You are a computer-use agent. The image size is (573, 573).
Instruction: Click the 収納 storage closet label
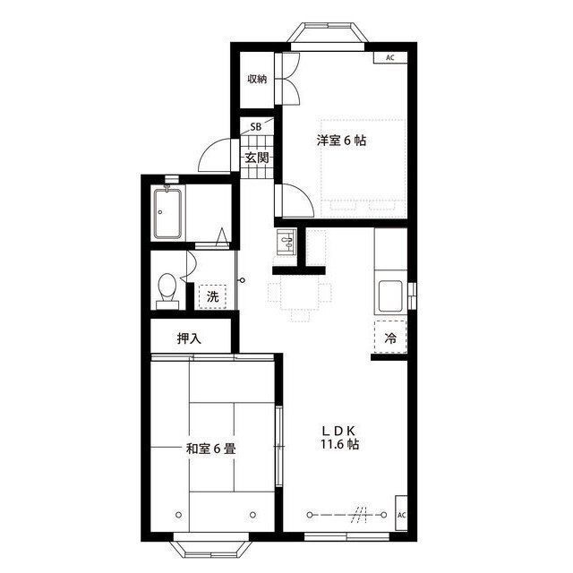257,79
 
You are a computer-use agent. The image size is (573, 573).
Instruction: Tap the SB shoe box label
256,127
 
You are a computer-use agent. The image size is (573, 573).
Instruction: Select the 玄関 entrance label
257,158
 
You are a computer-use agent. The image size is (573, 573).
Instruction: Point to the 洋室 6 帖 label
341,141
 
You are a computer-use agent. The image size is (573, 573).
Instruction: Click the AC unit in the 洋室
390,57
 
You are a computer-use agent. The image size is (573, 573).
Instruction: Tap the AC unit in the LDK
401,513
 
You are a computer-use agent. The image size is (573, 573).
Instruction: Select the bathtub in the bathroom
167,214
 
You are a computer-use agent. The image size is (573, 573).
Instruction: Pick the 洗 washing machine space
213,296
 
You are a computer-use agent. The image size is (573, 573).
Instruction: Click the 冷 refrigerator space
390,338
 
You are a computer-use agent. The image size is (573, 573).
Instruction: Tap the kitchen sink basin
390,296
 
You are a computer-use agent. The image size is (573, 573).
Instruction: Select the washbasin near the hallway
286,242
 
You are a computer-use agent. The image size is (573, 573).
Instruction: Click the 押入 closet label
189,338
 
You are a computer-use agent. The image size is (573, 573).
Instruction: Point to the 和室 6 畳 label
211,449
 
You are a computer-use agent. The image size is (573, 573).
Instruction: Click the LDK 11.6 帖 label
339,438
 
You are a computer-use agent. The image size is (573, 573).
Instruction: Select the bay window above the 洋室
328,36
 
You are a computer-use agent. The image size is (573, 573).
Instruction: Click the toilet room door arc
191,266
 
